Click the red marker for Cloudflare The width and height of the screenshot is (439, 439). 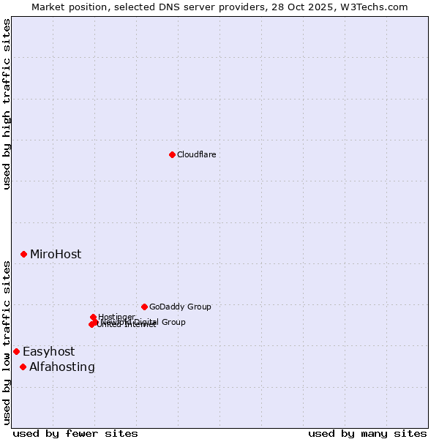(x=172, y=154)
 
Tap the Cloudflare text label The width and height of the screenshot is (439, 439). (x=197, y=154)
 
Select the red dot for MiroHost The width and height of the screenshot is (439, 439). (x=23, y=254)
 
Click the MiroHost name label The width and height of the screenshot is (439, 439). (x=56, y=255)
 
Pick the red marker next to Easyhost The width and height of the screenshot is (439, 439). (x=16, y=351)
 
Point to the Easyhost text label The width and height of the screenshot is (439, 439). (x=48, y=352)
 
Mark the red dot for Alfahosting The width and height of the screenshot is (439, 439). (x=23, y=367)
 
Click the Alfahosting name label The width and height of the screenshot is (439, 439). (x=62, y=367)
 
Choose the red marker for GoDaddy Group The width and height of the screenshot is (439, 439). (x=144, y=307)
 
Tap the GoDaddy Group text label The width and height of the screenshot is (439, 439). (x=180, y=307)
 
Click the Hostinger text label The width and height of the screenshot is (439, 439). (x=117, y=317)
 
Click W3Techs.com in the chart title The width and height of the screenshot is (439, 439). (x=378, y=7)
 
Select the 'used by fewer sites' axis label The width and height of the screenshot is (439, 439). (x=75, y=433)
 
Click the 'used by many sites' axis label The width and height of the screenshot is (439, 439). (x=367, y=433)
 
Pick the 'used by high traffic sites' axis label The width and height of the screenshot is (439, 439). (x=7, y=104)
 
